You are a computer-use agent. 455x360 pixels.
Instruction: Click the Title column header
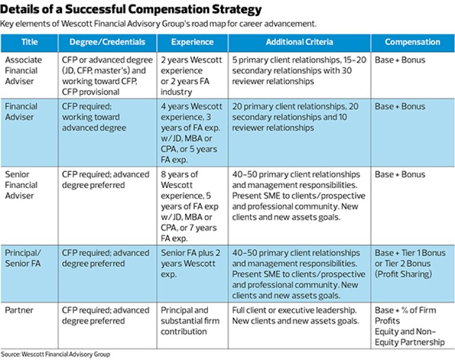29,42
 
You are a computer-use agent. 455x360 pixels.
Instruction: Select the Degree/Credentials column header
107,42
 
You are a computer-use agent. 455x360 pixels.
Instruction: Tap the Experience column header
192,42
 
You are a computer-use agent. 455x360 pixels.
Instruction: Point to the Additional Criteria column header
299,42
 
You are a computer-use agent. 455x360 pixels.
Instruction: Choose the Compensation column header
412,42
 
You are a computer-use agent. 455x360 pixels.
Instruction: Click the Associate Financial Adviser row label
25,71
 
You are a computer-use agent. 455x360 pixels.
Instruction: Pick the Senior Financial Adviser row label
25,185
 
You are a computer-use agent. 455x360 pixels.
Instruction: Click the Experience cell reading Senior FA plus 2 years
191,264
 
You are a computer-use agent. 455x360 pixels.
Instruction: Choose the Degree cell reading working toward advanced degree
101,117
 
